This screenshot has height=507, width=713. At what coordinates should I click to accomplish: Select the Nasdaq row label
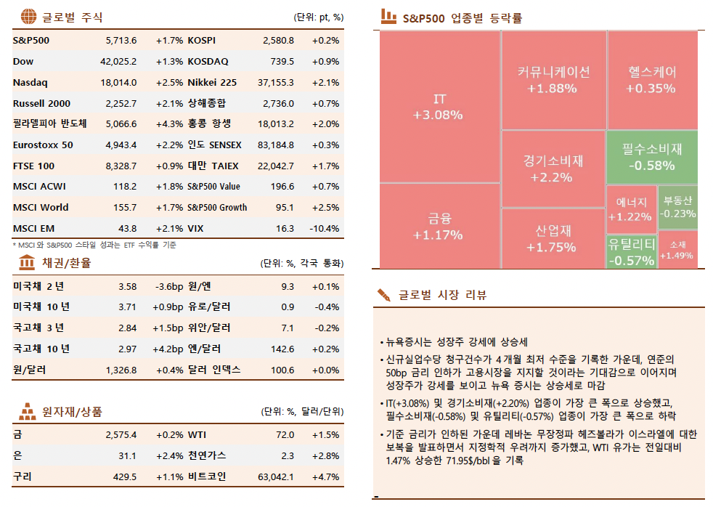point(30,83)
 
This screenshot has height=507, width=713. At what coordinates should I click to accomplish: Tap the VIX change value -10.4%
point(324,229)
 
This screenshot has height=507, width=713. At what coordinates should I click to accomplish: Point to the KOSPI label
point(202,41)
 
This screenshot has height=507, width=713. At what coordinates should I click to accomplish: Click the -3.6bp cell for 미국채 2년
point(168,287)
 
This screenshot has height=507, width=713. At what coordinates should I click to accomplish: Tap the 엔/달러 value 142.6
point(282,349)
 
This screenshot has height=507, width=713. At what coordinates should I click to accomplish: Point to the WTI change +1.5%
point(325,435)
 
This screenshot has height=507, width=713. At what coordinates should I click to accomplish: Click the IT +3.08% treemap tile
point(439,106)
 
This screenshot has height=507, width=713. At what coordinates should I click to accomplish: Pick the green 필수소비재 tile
point(652,157)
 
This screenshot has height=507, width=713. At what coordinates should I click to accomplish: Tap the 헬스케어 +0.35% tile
point(651,80)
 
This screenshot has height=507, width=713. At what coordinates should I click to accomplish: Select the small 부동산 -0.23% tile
point(678,206)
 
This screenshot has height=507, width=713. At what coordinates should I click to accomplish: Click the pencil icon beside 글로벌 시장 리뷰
point(383,294)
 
